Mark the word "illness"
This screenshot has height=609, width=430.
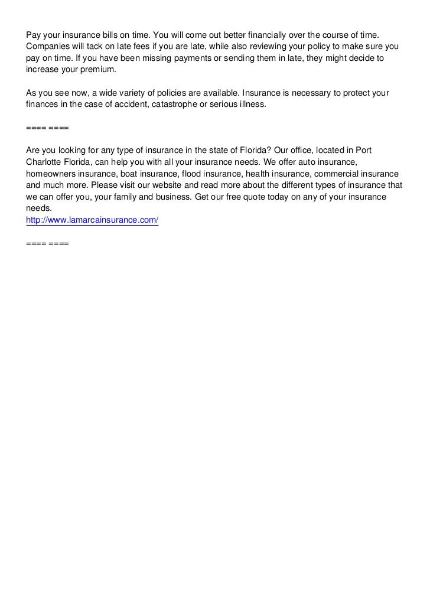click(x=252, y=105)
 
